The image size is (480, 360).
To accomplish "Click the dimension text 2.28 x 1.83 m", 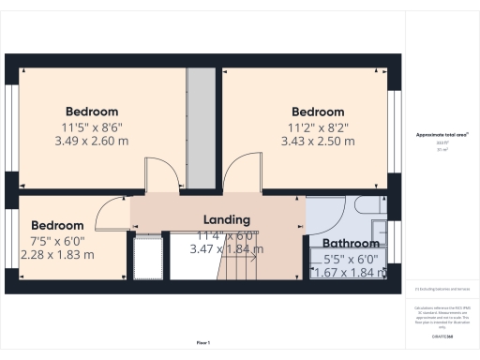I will click(62, 254).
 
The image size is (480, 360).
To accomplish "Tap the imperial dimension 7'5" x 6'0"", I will click(62, 240).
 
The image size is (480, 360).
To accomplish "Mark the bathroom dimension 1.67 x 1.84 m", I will click(349, 273).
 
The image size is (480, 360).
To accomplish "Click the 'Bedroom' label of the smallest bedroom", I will click(57, 225).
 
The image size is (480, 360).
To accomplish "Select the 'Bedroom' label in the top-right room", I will click(318, 112).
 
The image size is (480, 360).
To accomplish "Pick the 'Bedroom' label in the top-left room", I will click(92, 112).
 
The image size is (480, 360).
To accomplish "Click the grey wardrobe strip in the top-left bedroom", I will click(199, 122).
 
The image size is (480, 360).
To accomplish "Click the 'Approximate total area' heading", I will click(442, 135).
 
